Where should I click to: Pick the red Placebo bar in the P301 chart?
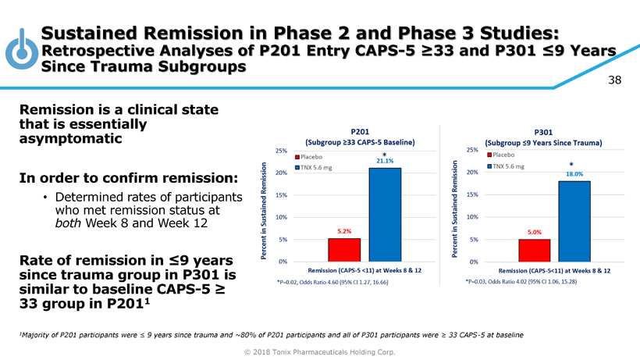[x=535, y=250]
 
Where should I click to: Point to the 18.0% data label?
[x=575, y=174]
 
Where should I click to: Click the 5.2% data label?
[x=344, y=231]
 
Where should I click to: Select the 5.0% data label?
[x=535, y=232]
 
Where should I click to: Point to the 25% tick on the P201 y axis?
[x=281, y=150]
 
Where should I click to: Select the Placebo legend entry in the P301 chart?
[x=510, y=155]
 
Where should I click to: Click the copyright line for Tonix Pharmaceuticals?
[x=319, y=351]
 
